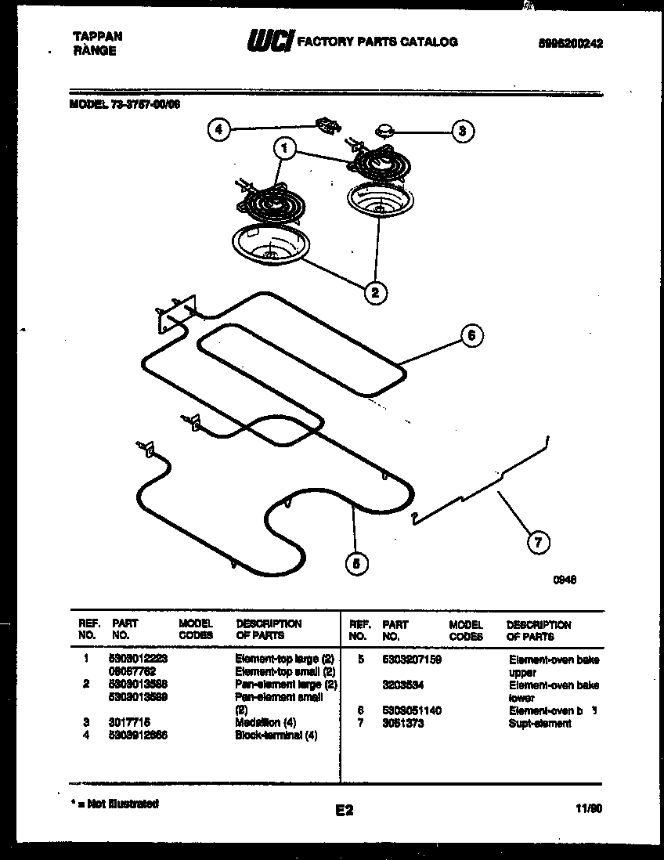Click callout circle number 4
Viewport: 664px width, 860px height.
[x=220, y=131]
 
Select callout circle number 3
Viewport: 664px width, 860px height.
[x=462, y=131]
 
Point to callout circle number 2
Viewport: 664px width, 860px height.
[x=374, y=293]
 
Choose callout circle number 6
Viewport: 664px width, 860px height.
[x=471, y=336]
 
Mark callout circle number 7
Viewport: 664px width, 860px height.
[x=537, y=541]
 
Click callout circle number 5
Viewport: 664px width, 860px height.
[x=357, y=562]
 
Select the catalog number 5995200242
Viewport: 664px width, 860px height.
[x=569, y=44]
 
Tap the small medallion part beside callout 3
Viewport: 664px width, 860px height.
[x=384, y=128]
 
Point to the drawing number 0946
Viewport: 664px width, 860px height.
[x=565, y=580]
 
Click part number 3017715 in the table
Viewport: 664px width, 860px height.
[x=130, y=723]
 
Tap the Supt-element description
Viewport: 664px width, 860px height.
[x=539, y=723]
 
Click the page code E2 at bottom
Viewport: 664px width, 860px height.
[x=344, y=811]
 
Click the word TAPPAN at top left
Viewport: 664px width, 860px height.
[x=97, y=36]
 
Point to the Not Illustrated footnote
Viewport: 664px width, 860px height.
[x=114, y=804]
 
